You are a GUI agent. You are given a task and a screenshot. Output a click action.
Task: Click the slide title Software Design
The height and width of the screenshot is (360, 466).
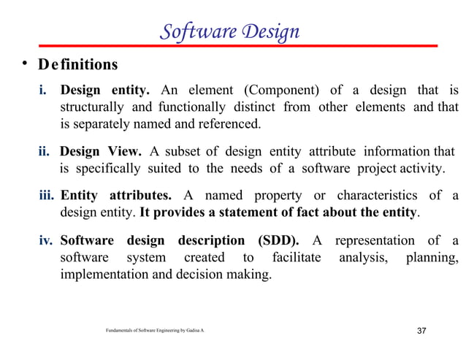[x=229, y=32]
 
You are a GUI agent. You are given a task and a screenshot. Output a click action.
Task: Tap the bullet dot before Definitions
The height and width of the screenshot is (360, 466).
[x=24, y=64]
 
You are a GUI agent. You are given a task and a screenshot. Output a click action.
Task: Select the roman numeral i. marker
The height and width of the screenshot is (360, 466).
[x=45, y=91]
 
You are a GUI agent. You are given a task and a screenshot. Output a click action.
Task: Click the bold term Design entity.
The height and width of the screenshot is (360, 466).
[x=104, y=91]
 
